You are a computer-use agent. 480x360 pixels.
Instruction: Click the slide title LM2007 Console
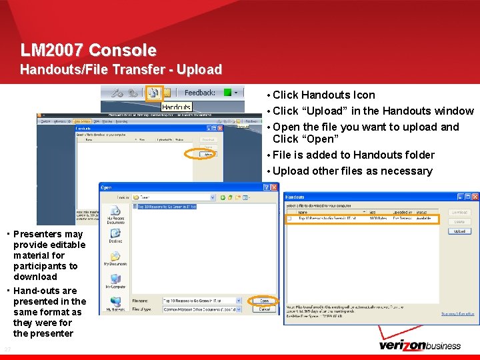(x=89, y=50)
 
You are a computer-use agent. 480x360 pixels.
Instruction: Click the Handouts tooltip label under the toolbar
(x=176, y=107)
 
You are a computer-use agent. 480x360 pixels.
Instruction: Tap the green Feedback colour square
(x=227, y=93)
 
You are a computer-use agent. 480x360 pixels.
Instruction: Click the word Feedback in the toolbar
(x=199, y=93)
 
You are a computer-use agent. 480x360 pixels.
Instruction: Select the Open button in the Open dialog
(x=265, y=301)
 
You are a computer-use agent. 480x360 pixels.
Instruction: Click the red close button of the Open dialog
(x=273, y=187)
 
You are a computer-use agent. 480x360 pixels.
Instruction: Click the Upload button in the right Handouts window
(x=459, y=231)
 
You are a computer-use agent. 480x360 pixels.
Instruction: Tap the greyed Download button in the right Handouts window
(x=459, y=213)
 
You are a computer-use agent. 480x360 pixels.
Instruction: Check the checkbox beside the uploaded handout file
(x=289, y=218)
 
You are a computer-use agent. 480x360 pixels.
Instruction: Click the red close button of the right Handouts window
(x=474, y=197)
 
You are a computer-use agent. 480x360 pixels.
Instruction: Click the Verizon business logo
(x=419, y=345)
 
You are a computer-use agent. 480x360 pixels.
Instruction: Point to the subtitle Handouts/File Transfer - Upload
(x=121, y=69)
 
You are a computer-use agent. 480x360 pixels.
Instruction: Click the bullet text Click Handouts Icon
(x=324, y=95)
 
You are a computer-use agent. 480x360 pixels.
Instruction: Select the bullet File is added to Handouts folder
(x=353, y=155)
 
